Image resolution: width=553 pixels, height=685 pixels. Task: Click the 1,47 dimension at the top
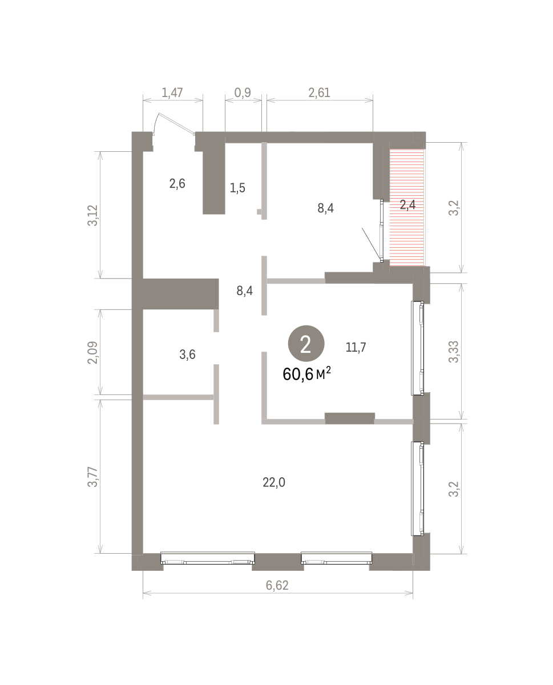[172, 92]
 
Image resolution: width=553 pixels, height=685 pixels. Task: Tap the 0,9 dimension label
[243, 92]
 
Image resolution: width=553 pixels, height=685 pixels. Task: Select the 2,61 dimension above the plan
[319, 92]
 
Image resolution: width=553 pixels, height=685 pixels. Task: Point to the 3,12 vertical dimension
[92, 215]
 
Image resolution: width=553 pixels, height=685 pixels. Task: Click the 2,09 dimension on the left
[92, 352]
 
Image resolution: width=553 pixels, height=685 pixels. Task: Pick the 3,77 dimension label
[92, 477]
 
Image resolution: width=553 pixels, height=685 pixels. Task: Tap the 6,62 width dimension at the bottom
[277, 585]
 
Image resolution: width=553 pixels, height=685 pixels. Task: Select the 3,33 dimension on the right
[454, 352]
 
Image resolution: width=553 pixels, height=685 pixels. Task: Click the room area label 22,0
[273, 482]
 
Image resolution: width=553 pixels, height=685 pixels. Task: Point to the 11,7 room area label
[356, 347]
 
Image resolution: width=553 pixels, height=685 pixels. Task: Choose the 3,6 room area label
[187, 354]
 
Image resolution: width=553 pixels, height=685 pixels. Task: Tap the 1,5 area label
[237, 187]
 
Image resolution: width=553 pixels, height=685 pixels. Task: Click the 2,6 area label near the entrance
[177, 184]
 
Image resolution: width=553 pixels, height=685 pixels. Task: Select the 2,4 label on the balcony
[407, 204]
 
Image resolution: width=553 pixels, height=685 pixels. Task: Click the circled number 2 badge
[306, 344]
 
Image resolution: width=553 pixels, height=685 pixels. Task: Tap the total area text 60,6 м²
[306, 374]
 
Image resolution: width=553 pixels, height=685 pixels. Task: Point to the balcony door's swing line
[371, 243]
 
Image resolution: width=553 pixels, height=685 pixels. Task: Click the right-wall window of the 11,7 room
[418, 348]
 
